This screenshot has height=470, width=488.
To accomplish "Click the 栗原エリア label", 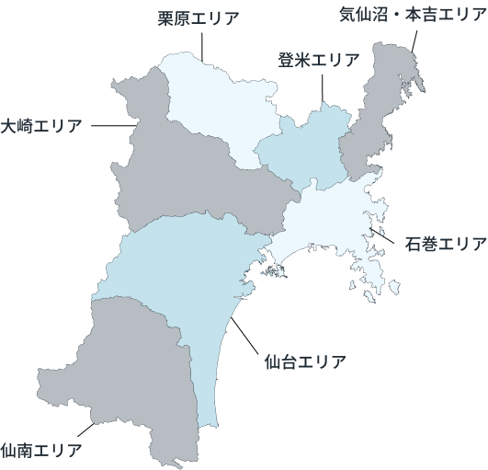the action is click(x=199, y=18).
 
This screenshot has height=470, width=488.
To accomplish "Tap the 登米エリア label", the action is click(x=319, y=61).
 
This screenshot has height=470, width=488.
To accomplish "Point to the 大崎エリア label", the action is click(x=40, y=125).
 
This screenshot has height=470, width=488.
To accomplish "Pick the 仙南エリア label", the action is click(x=41, y=450).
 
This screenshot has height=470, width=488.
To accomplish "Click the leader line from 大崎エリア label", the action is click(x=114, y=125).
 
